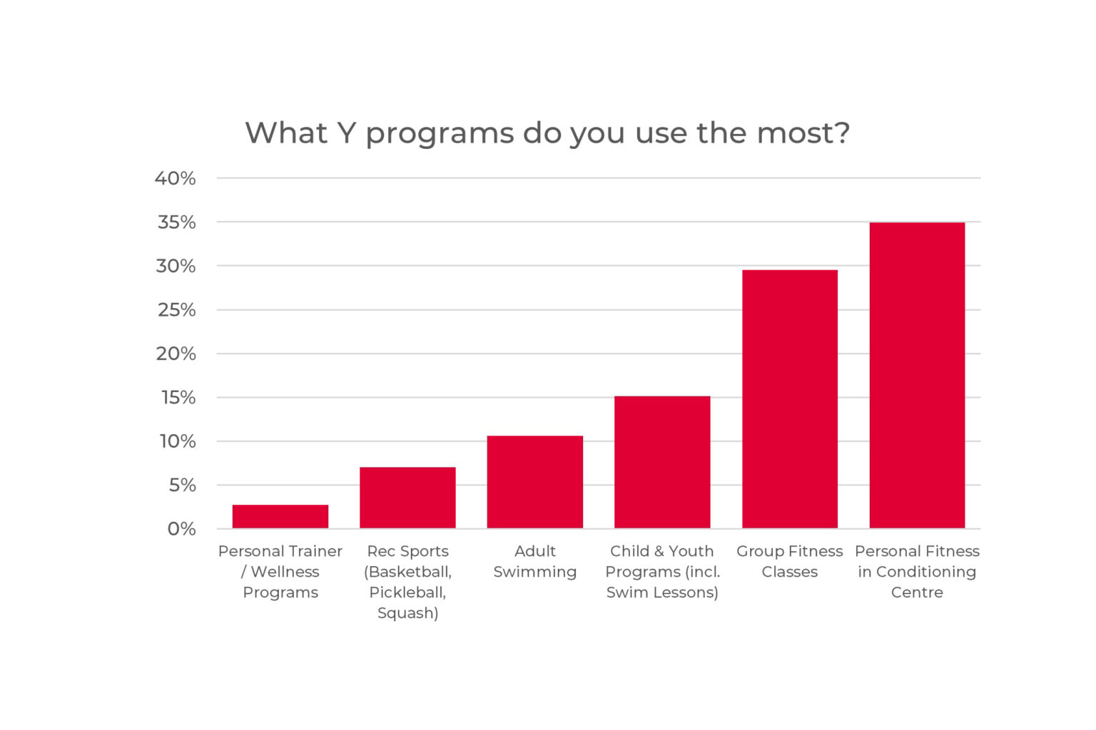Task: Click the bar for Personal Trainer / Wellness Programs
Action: click(280, 516)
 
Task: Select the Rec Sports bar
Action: click(407, 498)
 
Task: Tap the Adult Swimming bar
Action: click(534, 482)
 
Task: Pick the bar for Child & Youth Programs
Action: click(661, 462)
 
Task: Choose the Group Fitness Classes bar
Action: click(789, 399)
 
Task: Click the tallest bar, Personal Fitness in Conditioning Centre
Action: click(917, 375)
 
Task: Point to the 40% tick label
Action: click(176, 178)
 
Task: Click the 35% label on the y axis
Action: click(176, 222)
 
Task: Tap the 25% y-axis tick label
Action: click(176, 310)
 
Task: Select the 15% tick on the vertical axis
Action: click(178, 398)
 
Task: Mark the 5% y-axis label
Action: click(182, 485)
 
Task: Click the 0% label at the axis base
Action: click(181, 529)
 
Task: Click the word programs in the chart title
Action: click(440, 134)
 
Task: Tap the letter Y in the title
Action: click(346, 133)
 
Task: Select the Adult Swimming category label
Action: click(534, 562)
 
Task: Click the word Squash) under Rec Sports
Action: click(407, 613)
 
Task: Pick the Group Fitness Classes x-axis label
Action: click(789, 562)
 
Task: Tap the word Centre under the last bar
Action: click(917, 592)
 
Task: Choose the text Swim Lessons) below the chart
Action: click(661, 592)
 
